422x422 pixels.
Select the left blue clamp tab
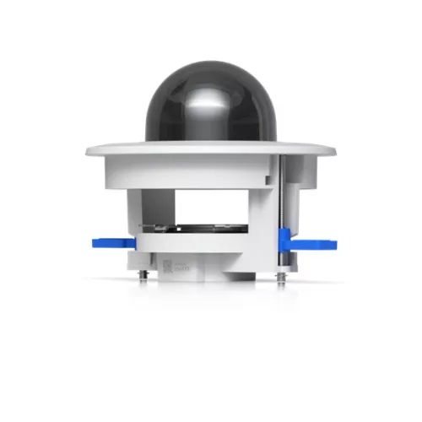[x=111, y=244]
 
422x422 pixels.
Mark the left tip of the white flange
[x=86, y=151]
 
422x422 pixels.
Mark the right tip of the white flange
[x=336, y=151]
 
